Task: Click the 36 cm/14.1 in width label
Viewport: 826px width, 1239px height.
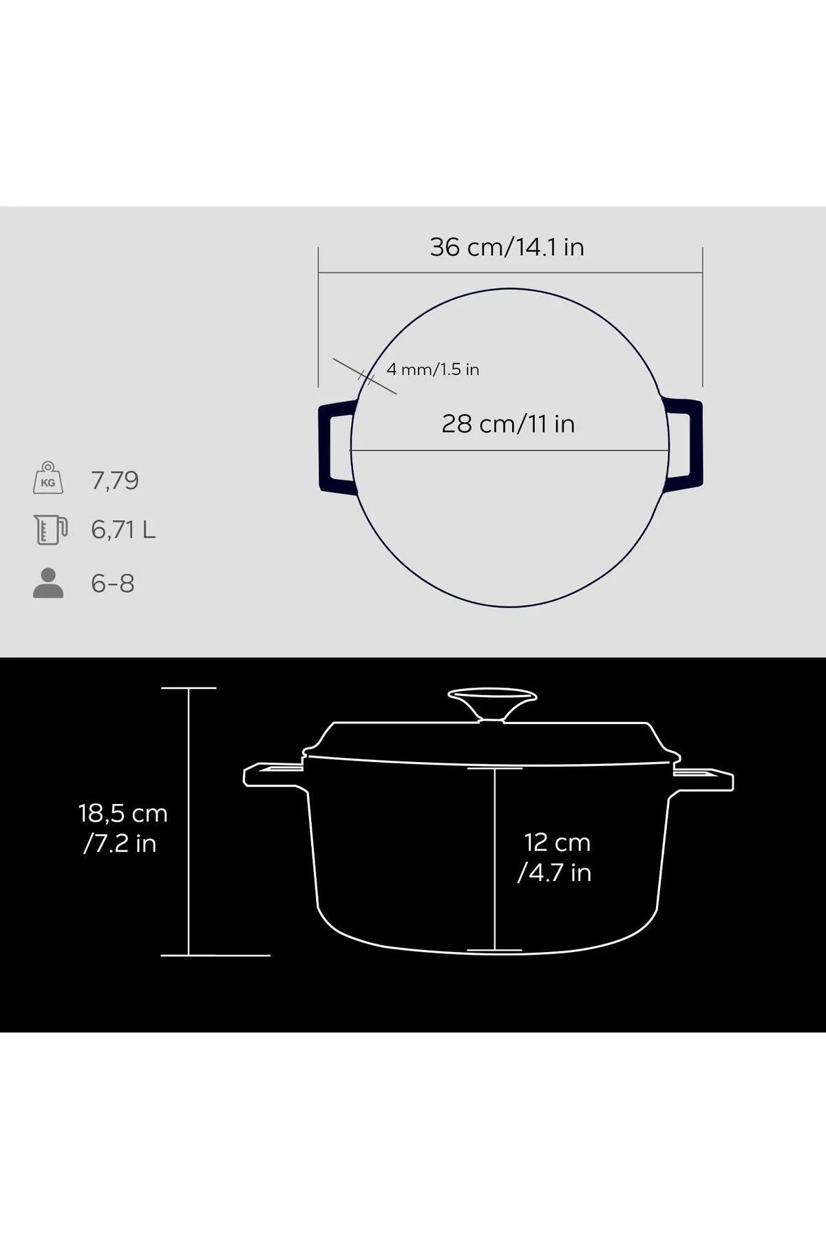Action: click(x=507, y=247)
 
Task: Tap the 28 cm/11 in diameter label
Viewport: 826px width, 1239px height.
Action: click(x=508, y=424)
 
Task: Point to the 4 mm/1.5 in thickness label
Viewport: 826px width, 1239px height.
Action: click(x=433, y=370)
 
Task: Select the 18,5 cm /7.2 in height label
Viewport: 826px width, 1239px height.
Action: click(x=123, y=828)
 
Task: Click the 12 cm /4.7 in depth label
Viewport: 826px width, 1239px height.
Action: click(x=555, y=857)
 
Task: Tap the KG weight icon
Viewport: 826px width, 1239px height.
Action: click(x=48, y=478)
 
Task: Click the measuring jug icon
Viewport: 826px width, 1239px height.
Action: click(x=50, y=529)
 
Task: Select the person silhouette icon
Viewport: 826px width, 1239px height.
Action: click(x=48, y=583)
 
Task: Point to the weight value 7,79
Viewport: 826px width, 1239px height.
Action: click(x=115, y=480)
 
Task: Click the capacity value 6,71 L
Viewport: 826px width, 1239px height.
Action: click(x=123, y=530)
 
